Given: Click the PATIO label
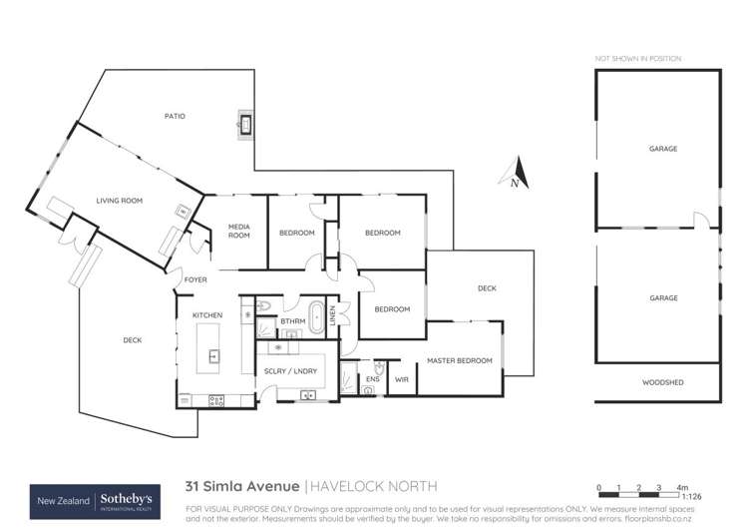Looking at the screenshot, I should [175, 117].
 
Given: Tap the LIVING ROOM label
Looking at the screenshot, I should [120, 201].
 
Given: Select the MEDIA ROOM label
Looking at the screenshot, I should [238, 232].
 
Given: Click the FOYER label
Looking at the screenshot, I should [195, 279].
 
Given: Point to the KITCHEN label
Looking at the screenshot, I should [206, 315].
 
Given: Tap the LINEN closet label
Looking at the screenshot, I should [334, 313].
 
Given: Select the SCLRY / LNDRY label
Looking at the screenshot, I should [290, 370].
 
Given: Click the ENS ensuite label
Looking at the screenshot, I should [373, 379].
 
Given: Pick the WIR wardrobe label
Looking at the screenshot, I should [402, 379].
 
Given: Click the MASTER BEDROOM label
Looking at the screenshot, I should [460, 359].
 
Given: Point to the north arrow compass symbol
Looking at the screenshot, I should [515, 175].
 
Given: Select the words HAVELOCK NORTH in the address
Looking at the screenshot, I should [373, 486].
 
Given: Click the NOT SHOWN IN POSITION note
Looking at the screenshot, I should [637, 60].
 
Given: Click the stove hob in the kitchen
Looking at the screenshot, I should [215, 400].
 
